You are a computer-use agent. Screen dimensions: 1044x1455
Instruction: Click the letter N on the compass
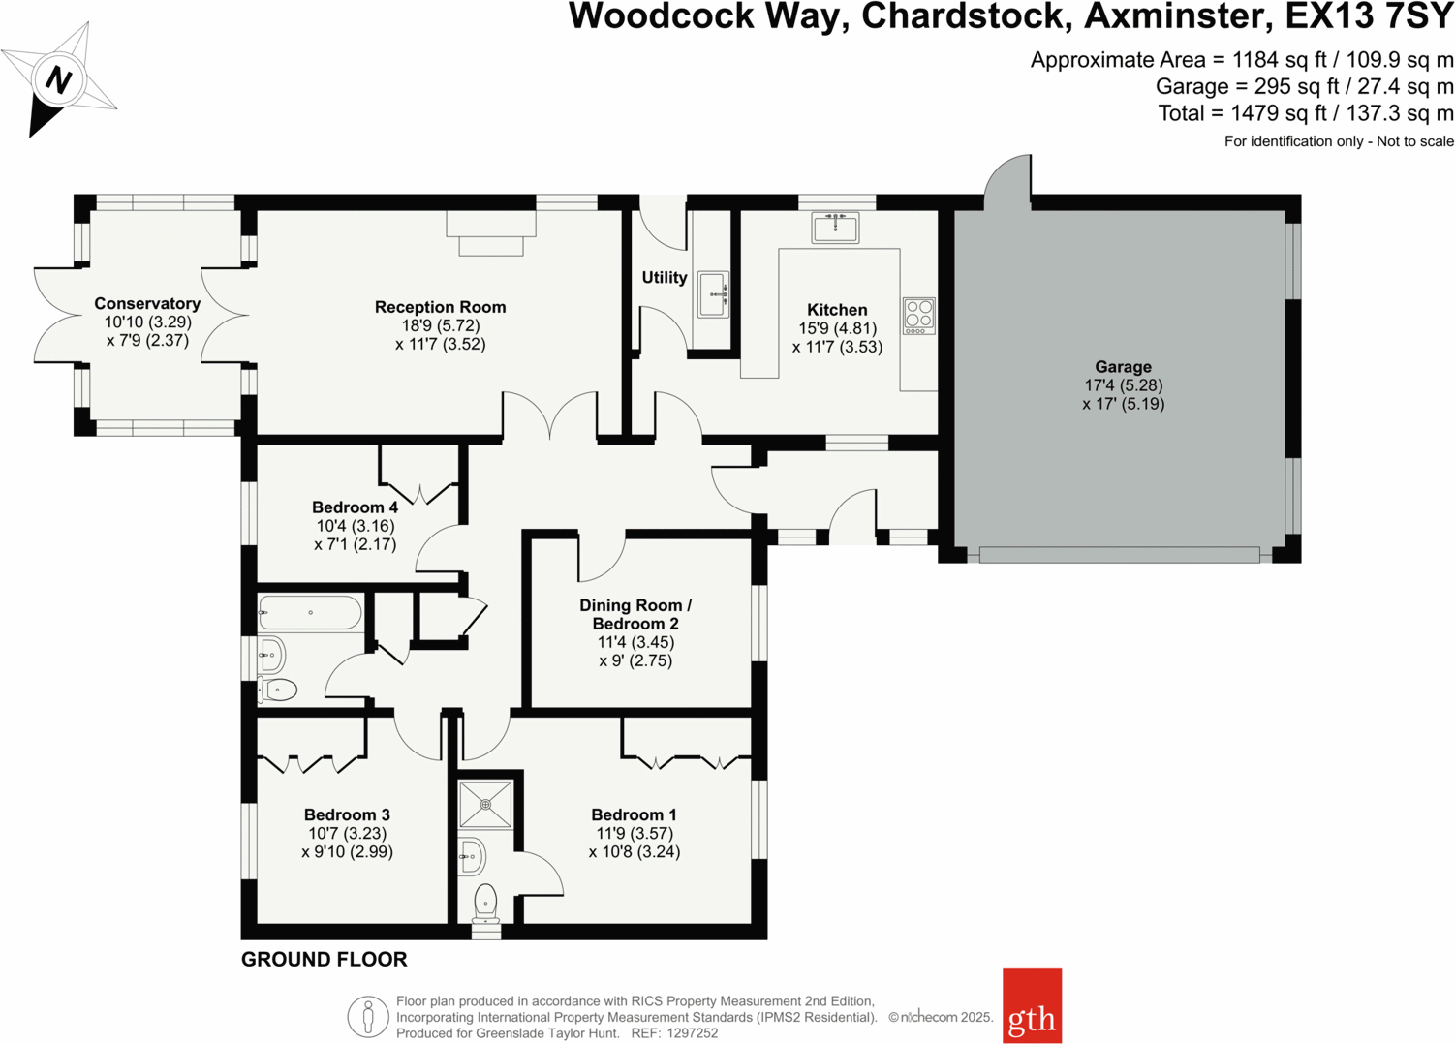point(58,79)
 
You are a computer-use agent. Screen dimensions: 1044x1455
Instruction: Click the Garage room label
point(1123,367)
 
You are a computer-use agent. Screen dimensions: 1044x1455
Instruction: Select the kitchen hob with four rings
point(919,316)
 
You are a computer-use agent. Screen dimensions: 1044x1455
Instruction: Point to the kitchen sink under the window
point(835,229)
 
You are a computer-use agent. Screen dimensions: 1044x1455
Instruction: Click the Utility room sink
point(714,292)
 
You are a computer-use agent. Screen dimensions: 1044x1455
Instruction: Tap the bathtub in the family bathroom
point(310,613)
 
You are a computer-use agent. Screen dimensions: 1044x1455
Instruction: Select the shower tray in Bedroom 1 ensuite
point(485,804)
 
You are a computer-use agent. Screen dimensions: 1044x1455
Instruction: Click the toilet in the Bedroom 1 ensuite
point(485,905)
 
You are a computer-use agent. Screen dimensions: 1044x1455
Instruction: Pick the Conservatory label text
point(147,304)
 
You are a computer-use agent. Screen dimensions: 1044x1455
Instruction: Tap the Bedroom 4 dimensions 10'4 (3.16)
point(355,526)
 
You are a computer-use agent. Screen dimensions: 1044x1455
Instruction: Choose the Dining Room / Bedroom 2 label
point(635,614)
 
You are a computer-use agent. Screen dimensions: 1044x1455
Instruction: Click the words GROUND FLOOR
point(324,960)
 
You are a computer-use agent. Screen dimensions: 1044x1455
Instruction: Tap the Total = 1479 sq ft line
point(1305,113)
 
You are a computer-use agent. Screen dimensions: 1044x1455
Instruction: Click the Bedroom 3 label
point(347,815)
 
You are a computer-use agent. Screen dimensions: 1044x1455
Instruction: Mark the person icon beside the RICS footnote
point(368,1017)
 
